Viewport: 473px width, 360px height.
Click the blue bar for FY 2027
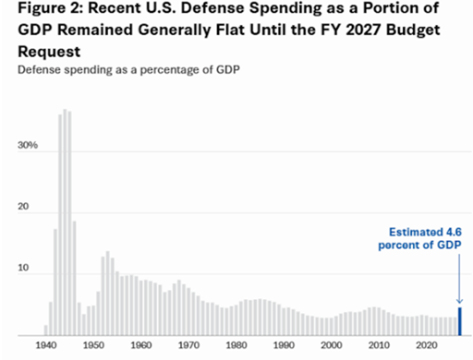click(x=460, y=321)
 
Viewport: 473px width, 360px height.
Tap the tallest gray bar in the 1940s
click(x=65, y=222)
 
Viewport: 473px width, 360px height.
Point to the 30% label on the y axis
click(x=28, y=145)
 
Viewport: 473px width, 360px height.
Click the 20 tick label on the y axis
click(x=23, y=206)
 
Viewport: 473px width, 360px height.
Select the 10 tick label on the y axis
click(x=23, y=268)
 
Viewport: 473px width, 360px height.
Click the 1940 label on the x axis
click(x=46, y=345)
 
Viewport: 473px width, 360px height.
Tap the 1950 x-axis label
click(x=93, y=345)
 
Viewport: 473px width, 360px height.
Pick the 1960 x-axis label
click(x=141, y=345)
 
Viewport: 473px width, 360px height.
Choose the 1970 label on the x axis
click(x=188, y=345)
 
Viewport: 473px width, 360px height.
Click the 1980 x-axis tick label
click(x=236, y=345)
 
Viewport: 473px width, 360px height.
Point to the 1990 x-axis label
click(x=284, y=345)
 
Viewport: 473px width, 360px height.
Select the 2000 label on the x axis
click(x=332, y=345)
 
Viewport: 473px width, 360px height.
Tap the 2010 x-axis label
click(x=379, y=345)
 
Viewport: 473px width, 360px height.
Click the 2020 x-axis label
click(x=427, y=345)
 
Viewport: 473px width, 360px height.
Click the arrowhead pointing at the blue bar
click(x=459, y=301)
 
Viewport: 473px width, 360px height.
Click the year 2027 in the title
click(x=363, y=30)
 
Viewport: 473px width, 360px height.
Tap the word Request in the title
click(x=49, y=52)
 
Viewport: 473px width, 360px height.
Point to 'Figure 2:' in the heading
click(x=51, y=8)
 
